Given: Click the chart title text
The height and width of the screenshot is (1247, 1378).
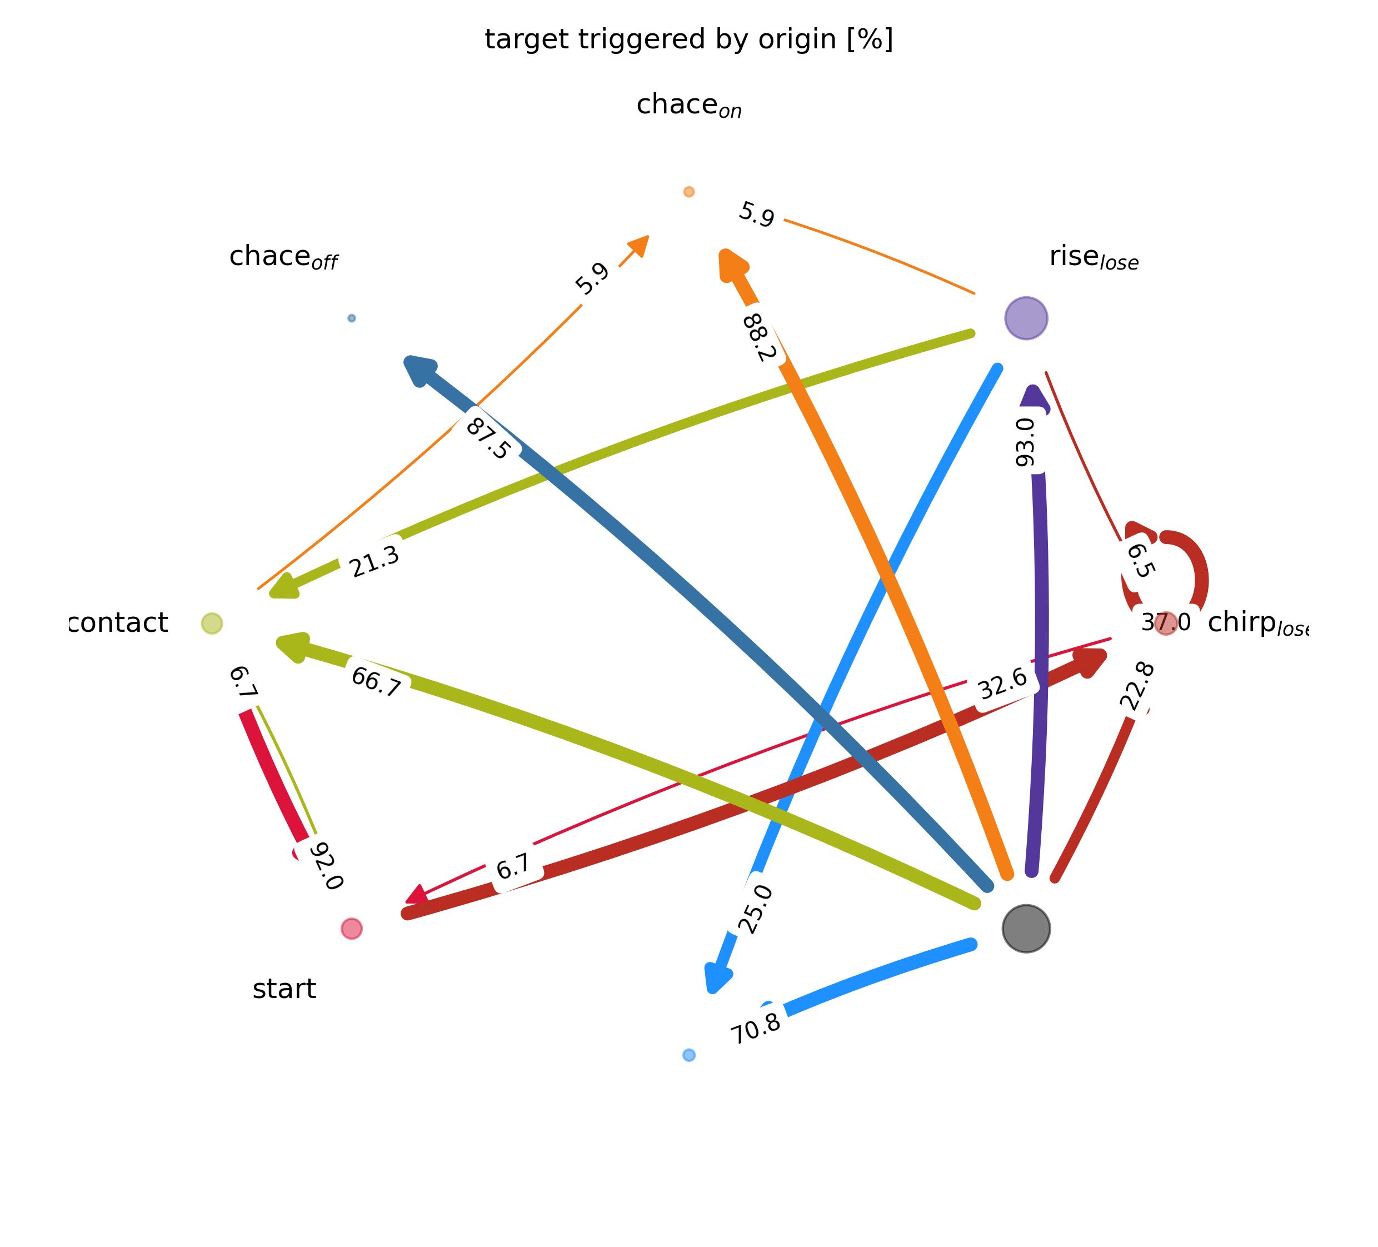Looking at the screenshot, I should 688,39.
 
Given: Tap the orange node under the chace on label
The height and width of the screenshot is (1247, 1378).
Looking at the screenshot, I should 688,191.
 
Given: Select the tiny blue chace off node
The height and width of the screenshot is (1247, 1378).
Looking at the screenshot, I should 351,318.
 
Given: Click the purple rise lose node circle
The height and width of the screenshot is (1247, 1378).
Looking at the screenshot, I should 1026,318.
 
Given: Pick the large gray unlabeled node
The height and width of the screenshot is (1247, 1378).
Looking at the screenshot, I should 1026,929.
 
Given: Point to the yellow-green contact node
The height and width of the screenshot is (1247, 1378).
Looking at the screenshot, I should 212,623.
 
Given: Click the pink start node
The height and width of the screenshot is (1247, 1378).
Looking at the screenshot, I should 351,929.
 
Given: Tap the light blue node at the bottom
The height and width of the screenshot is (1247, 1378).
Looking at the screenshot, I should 688,1055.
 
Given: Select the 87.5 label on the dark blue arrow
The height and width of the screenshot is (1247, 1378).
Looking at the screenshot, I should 487,438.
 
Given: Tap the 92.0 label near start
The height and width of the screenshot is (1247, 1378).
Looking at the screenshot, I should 326,866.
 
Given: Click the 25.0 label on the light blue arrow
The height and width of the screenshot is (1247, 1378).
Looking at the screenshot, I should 756,909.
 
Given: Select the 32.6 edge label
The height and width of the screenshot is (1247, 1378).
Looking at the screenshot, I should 1003,684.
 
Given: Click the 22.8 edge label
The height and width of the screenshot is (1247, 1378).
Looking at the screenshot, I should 1137,686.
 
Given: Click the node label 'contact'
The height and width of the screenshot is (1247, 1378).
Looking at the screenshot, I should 118,623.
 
